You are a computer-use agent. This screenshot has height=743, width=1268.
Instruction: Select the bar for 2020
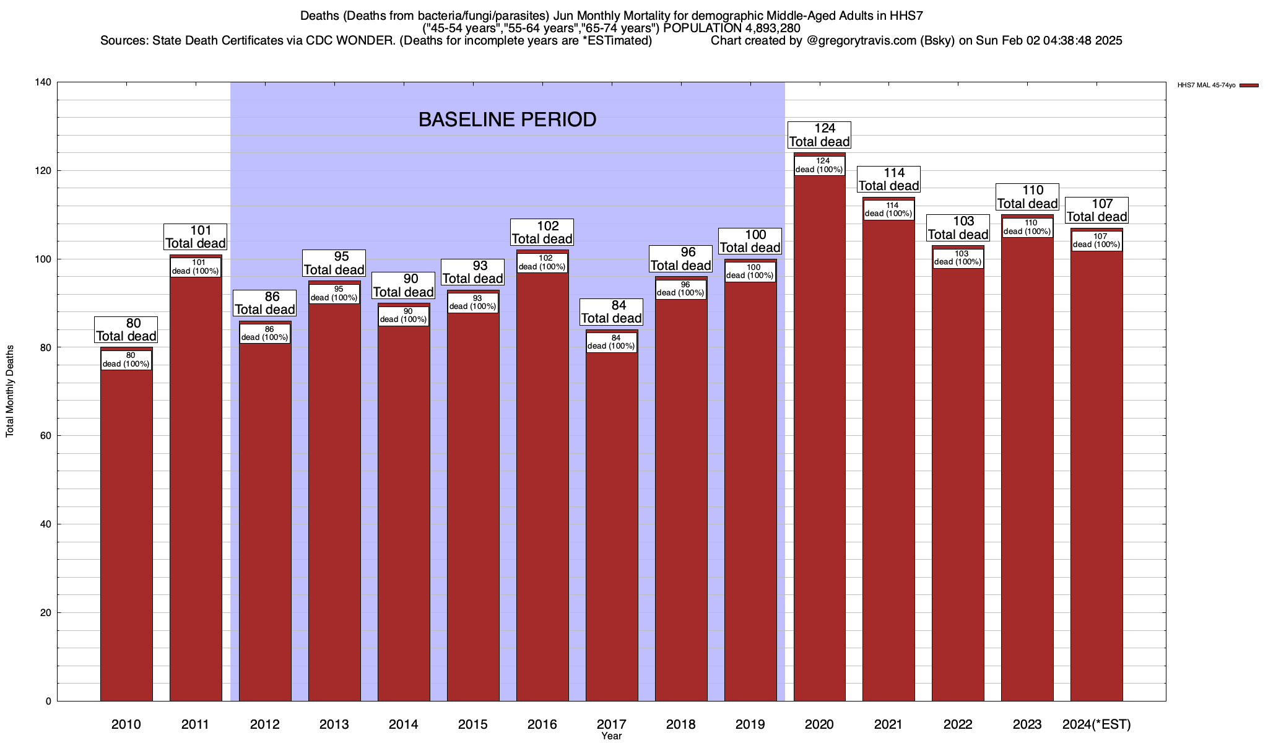click(819, 433)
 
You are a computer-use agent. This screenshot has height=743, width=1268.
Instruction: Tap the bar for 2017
click(612, 526)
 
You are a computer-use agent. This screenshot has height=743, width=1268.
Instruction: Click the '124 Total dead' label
click(819, 135)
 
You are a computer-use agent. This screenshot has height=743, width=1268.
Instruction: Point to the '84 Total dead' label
click(612, 312)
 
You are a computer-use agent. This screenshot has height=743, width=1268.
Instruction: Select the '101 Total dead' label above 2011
click(196, 237)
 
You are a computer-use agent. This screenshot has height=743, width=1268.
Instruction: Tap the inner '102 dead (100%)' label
click(542, 263)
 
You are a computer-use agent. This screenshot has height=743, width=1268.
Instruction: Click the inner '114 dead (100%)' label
click(888, 209)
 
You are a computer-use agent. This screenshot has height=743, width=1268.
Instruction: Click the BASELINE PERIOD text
click(507, 119)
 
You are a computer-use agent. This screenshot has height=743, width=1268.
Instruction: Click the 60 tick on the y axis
click(46, 436)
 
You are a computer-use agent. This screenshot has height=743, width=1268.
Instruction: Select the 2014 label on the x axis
click(404, 724)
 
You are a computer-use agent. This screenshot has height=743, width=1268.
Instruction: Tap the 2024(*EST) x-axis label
click(1096, 724)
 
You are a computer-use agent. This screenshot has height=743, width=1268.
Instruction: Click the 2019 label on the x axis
click(750, 724)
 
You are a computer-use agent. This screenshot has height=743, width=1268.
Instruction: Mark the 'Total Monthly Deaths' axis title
click(10, 391)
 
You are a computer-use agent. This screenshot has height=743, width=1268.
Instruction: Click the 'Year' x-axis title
click(611, 736)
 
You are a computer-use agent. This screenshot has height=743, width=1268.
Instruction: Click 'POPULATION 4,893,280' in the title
click(731, 28)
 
